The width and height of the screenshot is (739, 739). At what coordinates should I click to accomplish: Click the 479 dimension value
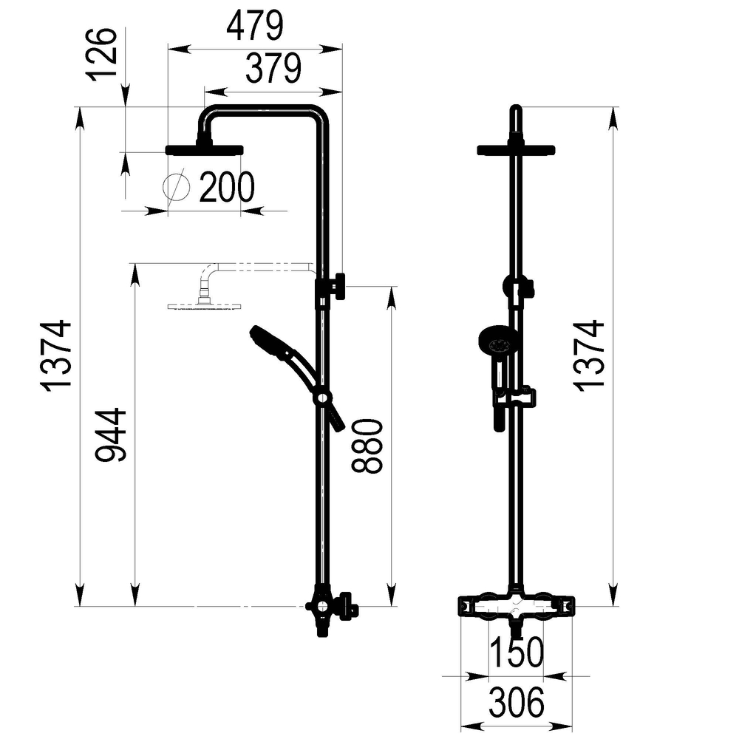(255, 27)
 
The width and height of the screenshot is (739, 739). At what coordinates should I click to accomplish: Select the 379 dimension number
(273, 68)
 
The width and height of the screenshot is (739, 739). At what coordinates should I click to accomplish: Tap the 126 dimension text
(101, 54)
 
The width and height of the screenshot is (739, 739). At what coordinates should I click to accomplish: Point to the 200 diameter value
(227, 188)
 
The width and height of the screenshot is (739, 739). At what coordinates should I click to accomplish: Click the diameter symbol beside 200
(177, 187)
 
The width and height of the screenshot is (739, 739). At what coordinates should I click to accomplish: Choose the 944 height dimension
(111, 435)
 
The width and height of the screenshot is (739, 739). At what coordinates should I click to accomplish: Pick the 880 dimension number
(367, 446)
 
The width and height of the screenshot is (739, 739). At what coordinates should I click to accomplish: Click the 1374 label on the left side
(56, 356)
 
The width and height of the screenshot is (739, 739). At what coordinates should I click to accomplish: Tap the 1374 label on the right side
(589, 356)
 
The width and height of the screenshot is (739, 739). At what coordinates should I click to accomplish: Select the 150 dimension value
(517, 653)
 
